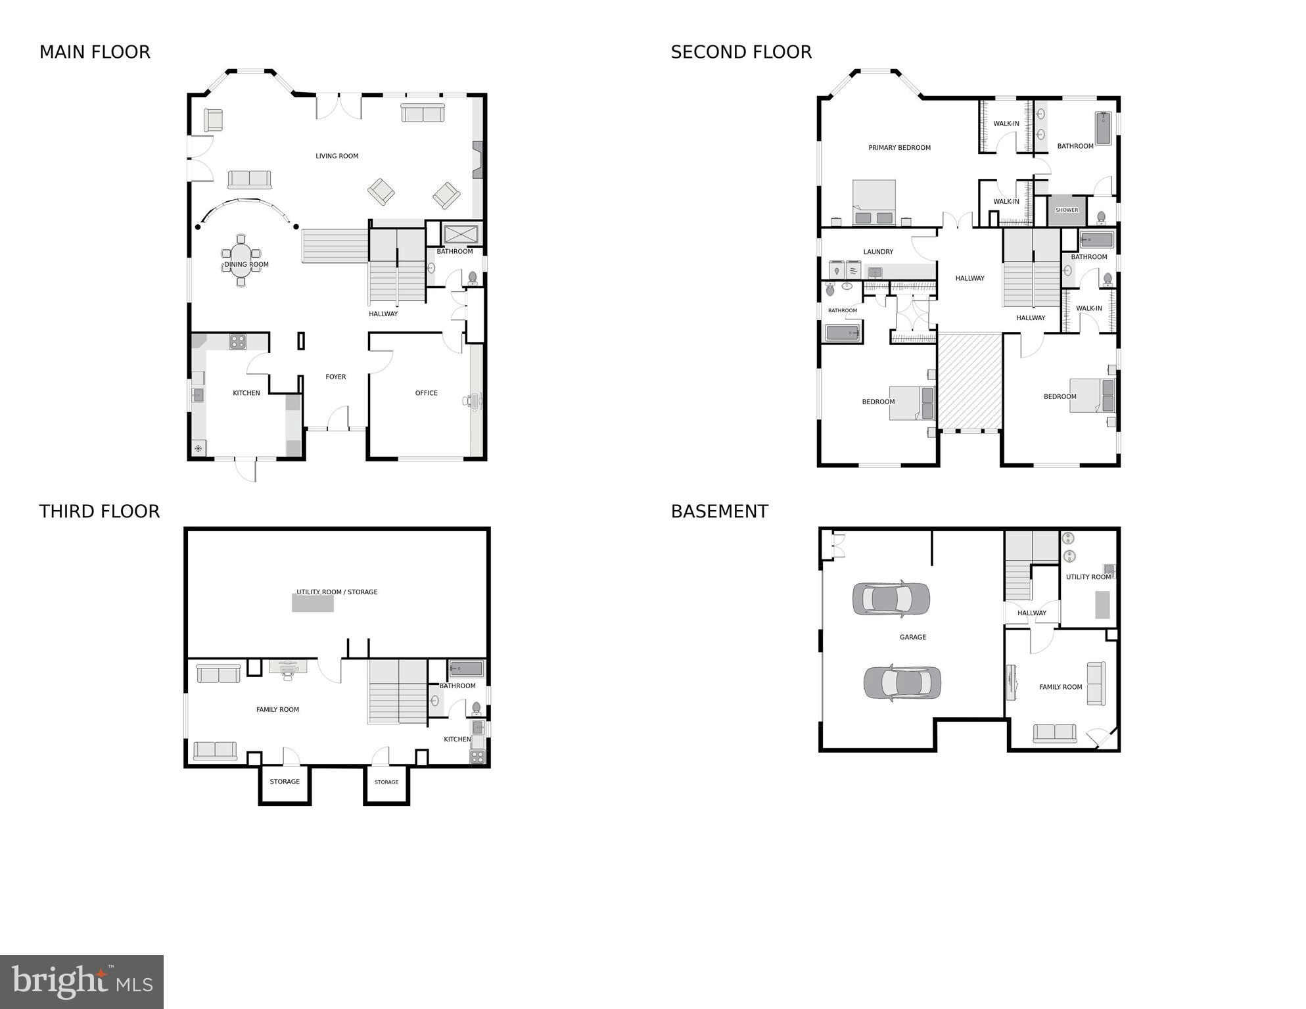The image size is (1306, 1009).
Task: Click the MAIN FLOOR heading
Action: click(x=95, y=52)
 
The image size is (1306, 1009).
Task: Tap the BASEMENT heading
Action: click(x=719, y=511)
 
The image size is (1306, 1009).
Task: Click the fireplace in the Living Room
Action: click(x=478, y=160)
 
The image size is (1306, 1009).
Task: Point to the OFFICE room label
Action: click(x=426, y=393)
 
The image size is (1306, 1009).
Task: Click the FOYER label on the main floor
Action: click(x=335, y=377)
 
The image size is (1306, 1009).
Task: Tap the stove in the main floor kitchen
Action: click(x=237, y=341)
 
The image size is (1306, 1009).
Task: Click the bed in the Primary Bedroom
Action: click(x=874, y=202)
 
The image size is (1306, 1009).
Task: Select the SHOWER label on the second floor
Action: click(x=1066, y=210)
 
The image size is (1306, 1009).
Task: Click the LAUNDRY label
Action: click(x=878, y=252)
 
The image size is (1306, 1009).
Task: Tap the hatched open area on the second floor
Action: click(x=969, y=381)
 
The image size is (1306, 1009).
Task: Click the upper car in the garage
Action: click(x=891, y=598)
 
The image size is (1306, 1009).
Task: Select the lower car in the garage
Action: click(x=902, y=682)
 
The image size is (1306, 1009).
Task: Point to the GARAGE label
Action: click(x=912, y=637)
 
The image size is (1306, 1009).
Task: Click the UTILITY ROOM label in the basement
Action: click(x=1088, y=577)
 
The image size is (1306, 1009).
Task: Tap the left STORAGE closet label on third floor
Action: click(x=285, y=782)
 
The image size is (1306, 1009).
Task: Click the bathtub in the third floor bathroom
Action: click(x=467, y=669)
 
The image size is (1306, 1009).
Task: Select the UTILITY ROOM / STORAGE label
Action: click(x=337, y=592)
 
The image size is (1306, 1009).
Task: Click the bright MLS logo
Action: click(x=82, y=981)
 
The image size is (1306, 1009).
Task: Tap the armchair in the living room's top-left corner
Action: click(x=213, y=120)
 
